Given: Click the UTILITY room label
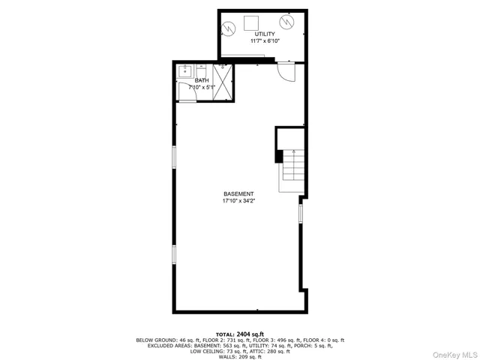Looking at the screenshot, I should (x=264, y=34).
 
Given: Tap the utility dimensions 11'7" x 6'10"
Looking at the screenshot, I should (x=264, y=42).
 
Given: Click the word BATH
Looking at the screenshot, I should (x=202, y=80).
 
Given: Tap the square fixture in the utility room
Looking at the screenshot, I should (x=253, y=22).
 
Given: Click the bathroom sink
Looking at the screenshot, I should (x=185, y=73).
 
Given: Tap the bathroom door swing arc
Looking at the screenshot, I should (x=185, y=93).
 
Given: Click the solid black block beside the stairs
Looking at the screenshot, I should (x=279, y=156).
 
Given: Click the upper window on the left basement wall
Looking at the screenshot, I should (x=174, y=157).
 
